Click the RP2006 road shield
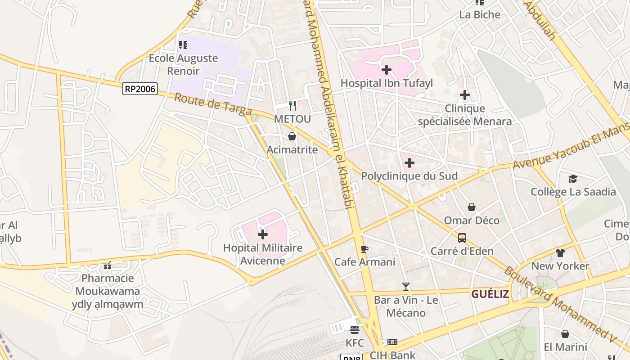(x=139, y=89)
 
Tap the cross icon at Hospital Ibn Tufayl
(x=386, y=70)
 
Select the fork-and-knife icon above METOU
(x=292, y=106)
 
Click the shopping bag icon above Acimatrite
(x=292, y=136)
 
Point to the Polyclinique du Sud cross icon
(x=409, y=162)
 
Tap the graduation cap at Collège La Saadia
(x=572, y=179)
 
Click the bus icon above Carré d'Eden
(x=462, y=238)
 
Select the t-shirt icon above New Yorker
(x=560, y=253)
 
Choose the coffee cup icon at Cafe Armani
(x=364, y=249)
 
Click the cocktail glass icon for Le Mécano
(x=406, y=287)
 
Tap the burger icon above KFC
(x=355, y=330)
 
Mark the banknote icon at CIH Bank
(x=392, y=342)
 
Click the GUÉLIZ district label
(x=490, y=294)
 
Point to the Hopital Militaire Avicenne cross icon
(x=263, y=234)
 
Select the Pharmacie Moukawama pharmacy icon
(x=108, y=265)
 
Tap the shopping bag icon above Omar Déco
(x=472, y=207)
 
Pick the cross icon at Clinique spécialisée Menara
(x=464, y=95)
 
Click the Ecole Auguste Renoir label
(x=183, y=64)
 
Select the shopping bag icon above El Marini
(x=565, y=334)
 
